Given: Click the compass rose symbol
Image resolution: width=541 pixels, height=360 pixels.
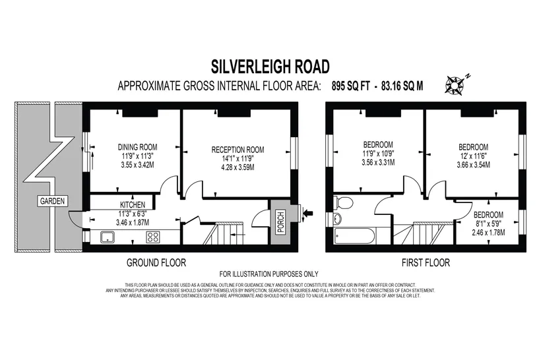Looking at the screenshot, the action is pos(456,84).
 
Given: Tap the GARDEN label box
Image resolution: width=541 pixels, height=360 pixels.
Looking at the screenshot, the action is pos(52,201).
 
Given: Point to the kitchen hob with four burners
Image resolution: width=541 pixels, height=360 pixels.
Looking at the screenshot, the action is pos(153,237).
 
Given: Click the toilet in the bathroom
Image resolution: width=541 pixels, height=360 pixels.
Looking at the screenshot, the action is pos(343,203).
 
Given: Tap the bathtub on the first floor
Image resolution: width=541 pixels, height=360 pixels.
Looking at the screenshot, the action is pos(354,236).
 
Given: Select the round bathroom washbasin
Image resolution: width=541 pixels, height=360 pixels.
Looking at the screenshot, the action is pos(338,218).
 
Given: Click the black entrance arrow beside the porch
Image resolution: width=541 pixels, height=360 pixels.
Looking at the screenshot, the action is pos(309,214).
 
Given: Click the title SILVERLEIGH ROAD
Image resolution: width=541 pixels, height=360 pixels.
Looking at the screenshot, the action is pos(270,67).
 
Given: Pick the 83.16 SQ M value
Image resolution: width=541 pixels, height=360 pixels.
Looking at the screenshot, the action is pos(402,86).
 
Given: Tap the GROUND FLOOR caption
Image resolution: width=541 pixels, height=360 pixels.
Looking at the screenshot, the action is pos(156,263).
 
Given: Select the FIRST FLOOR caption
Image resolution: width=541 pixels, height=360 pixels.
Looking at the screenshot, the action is pos(426,263).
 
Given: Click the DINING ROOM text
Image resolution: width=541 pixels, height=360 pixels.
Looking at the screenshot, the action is pos(138,147).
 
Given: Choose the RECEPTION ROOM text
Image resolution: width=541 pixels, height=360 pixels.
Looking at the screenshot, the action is pos(238,150).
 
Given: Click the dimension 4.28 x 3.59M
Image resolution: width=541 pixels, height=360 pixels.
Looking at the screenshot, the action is pos(238,167).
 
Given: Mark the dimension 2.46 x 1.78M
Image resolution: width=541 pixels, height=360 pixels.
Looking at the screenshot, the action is pos(488,233).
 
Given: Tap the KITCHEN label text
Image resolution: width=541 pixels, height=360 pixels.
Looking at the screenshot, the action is pos(133,205).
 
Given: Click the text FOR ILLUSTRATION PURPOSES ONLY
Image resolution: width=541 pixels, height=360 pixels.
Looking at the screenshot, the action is pos(269,274).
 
